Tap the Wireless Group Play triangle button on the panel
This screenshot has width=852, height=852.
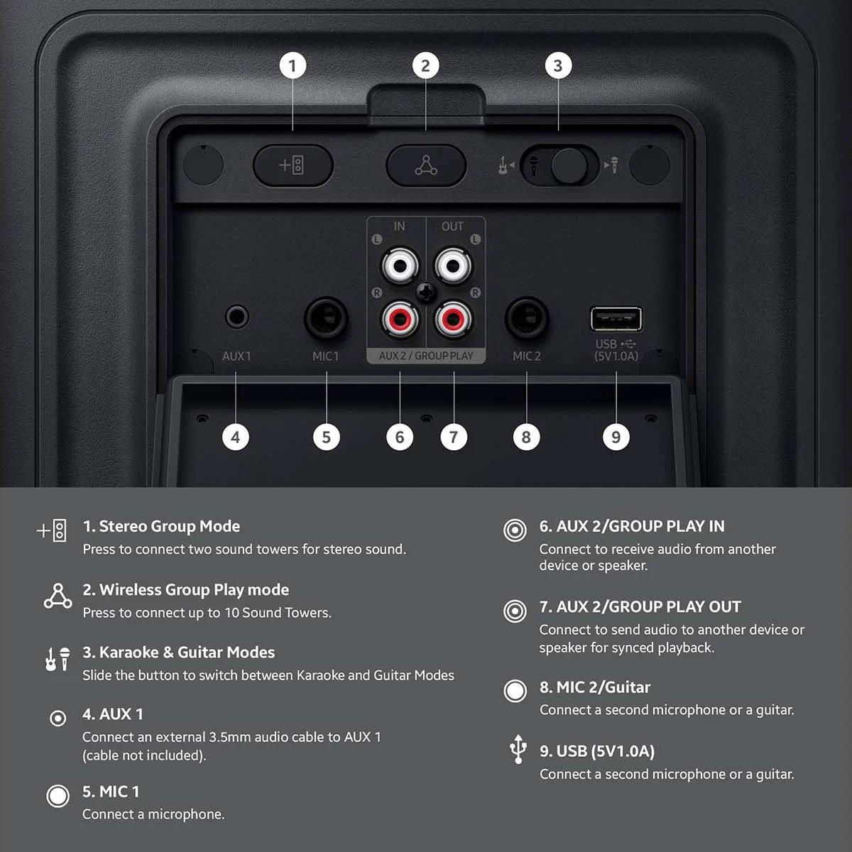click(426, 165)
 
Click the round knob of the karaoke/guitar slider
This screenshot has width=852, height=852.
click(569, 166)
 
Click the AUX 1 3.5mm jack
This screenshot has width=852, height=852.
click(237, 317)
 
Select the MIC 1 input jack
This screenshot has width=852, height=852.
click(327, 318)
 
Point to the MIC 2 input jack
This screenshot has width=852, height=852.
click(527, 318)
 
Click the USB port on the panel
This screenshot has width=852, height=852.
click(616, 319)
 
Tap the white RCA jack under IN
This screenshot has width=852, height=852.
click(400, 266)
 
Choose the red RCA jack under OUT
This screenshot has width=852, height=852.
click(453, 318)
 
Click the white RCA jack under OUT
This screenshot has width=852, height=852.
click(453, 266)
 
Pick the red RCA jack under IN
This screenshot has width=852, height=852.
click(400, 318)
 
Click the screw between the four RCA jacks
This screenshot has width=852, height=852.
click(426, 293)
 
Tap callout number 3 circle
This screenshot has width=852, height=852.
click(558, 65)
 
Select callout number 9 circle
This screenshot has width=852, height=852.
click(616, 437)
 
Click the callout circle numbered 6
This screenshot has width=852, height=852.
click(400, 437)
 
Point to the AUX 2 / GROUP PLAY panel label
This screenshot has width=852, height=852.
click(426, 356)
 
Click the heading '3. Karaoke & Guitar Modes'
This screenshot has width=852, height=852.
click(179, 652)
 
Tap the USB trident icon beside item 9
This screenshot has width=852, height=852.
click(518, 749)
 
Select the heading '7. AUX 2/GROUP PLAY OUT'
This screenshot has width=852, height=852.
click(640, 606)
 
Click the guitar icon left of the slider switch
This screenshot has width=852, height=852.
click(503, 165)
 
